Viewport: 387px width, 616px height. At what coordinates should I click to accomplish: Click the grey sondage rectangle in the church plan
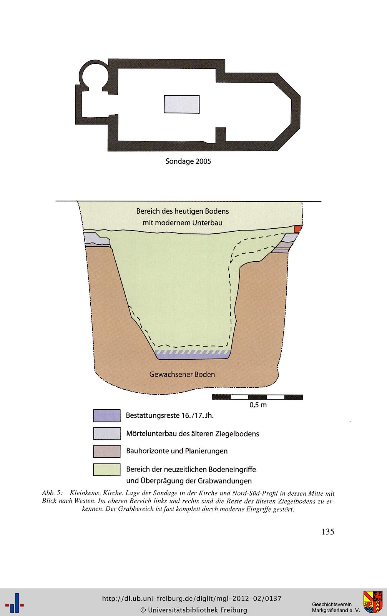pyautogui.click(x=182, y=104)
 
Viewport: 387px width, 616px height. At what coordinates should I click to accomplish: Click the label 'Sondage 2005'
pyautogui.click(x=188, y=161)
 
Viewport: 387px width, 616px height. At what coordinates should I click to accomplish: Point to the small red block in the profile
pyautogui.click(x=298, y=229)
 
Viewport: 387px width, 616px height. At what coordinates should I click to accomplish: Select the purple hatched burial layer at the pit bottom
pyautogui.click(x=193, y=354)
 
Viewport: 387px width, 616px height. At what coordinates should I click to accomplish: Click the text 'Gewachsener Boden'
pyautogui.click(x=182, y=374)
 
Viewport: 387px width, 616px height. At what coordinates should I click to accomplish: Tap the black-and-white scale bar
pyautogui.click(x=257, y=397)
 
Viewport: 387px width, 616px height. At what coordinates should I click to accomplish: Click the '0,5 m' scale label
pyautogui.click(x=258, y=405)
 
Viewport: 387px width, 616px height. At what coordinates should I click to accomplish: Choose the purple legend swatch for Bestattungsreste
pyautogui.click(x=107, y=415)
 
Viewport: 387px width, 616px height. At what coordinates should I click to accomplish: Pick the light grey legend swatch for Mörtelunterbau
pyautogui.click(x=107, y=433)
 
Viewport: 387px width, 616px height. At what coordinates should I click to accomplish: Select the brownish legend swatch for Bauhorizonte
pyautogui.click(x=107, y=451)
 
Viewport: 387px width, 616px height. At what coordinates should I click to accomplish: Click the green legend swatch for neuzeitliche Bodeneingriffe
pyautogui.click(x=107, y=470)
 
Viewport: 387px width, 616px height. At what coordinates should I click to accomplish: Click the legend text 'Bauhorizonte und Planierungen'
pyautogui.click(x=177, y=451)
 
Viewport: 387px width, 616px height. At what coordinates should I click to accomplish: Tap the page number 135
pyautogui.click(x=328, y=531)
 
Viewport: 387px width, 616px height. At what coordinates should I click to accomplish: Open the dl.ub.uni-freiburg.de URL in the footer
pyautogui.click(x=192, y=598)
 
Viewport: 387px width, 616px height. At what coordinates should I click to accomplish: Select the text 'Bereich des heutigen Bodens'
pyautogui.click(x=183, y=211)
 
